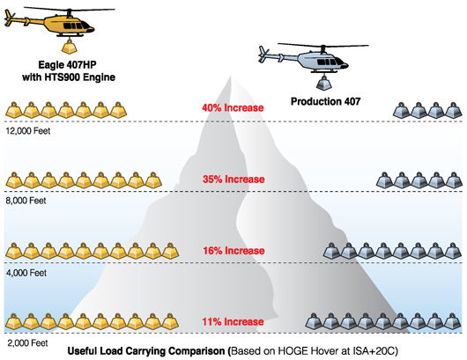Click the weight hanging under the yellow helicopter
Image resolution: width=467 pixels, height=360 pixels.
tap(69, 47)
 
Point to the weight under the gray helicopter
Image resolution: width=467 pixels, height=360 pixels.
tap(323, 83)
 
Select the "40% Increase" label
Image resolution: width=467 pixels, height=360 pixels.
tap(233, 107)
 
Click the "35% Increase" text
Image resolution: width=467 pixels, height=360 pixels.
tap(233, 179)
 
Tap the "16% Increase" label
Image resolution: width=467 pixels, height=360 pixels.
tap(233, 251)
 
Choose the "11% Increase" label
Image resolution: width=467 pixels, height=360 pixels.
tap(233, 321)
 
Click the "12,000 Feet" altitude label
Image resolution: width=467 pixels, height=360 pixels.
tap(28, 131)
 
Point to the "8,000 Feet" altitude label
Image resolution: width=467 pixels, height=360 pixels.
tap(26, 201)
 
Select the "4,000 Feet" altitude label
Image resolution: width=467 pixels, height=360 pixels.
tap(26, 273)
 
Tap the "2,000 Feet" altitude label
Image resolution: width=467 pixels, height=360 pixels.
tap(27, 343)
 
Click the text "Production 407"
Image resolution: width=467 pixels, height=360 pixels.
tap(325, 101)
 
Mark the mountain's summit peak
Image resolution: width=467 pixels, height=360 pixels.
tap(231, 77)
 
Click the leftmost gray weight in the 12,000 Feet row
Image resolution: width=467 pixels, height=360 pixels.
tap(401, 110)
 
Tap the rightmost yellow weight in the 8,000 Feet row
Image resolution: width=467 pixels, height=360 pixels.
tap(153, 180)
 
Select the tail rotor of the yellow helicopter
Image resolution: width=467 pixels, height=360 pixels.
tap(10, 18)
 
